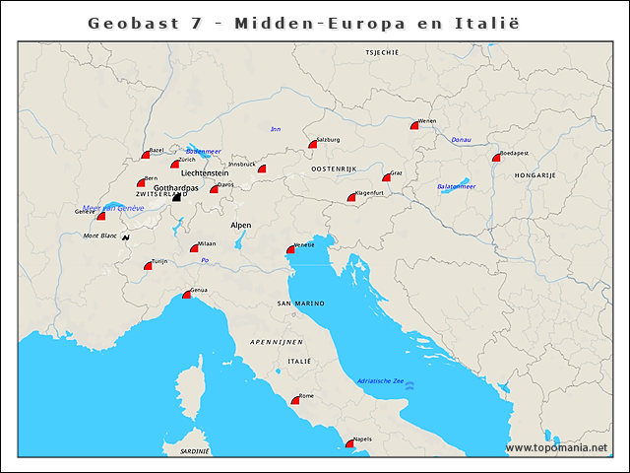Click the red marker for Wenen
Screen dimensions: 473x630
[x=415, y=125]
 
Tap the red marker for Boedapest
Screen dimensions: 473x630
[x=497, y=158]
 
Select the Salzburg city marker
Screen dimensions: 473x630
[x=313, y=144]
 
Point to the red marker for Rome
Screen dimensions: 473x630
[x=295, y=400]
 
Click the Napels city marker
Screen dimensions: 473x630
[x=349, y=443]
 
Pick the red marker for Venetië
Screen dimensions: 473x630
[x=290, y=249]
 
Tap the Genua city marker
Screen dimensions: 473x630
[x=187, y=295]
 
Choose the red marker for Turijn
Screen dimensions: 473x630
[x=149, y=265]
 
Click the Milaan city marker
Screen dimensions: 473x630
[x=195, y=248]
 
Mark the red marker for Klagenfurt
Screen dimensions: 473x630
[x=351, y=198]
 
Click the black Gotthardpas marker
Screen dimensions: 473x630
[x=177, y=197]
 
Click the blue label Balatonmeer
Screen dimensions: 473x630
[x=457, y=186]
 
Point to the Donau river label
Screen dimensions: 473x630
[x=461, y=140]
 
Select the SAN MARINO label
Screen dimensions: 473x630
[x=299, y=303]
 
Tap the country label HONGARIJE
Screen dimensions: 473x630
[x=535, y=174]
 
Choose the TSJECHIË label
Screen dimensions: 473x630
[x=381, y=51]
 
